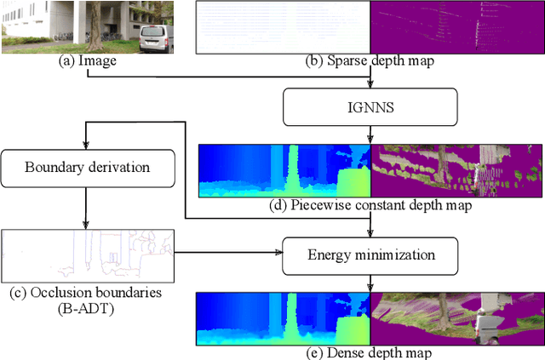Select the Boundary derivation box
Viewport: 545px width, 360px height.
point(88,166)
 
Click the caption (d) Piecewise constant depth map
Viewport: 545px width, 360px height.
point(370,204)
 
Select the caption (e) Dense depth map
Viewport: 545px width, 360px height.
point(370,351)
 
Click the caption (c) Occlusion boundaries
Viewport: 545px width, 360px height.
point(88,292)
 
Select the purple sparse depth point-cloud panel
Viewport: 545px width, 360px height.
point(457,27)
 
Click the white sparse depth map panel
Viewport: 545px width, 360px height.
point(284,27)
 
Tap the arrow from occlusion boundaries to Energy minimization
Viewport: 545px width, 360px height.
point(230,253)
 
